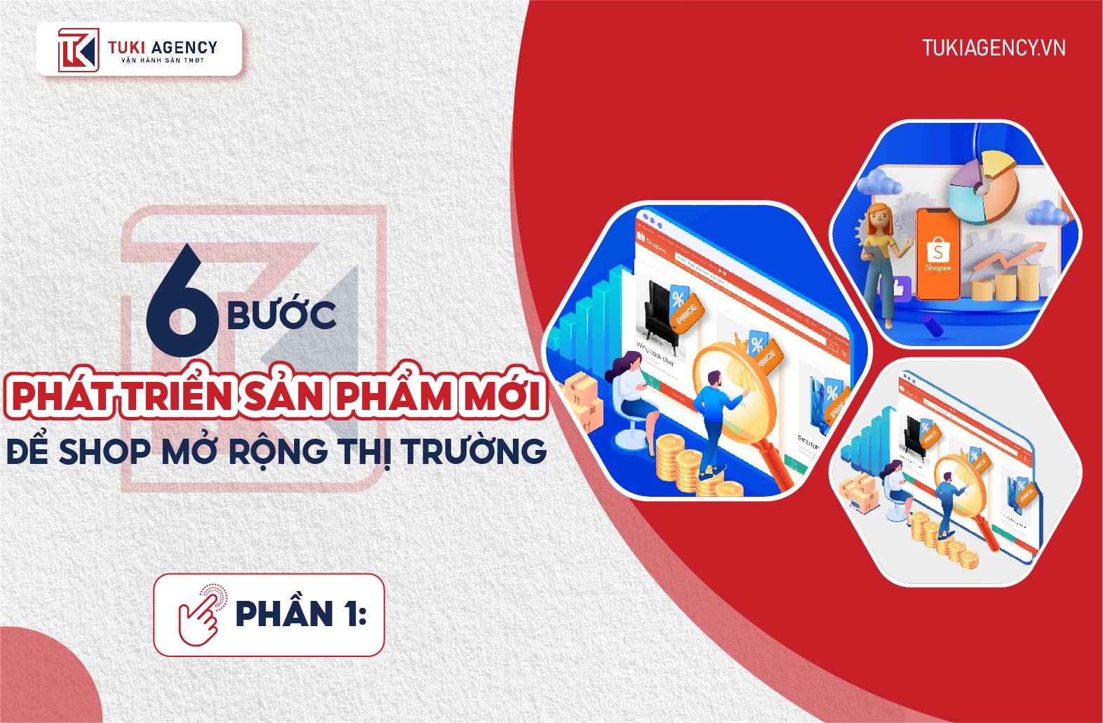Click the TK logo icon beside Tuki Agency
tap(77, 49)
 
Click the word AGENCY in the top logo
tap(184, 48)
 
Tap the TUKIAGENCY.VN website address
tap(994, 48)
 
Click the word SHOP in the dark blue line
tap(105, 451)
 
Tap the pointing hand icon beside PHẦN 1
tap(202, 614)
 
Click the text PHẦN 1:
tap(301, 614)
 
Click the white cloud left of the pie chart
tap(878, 183)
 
